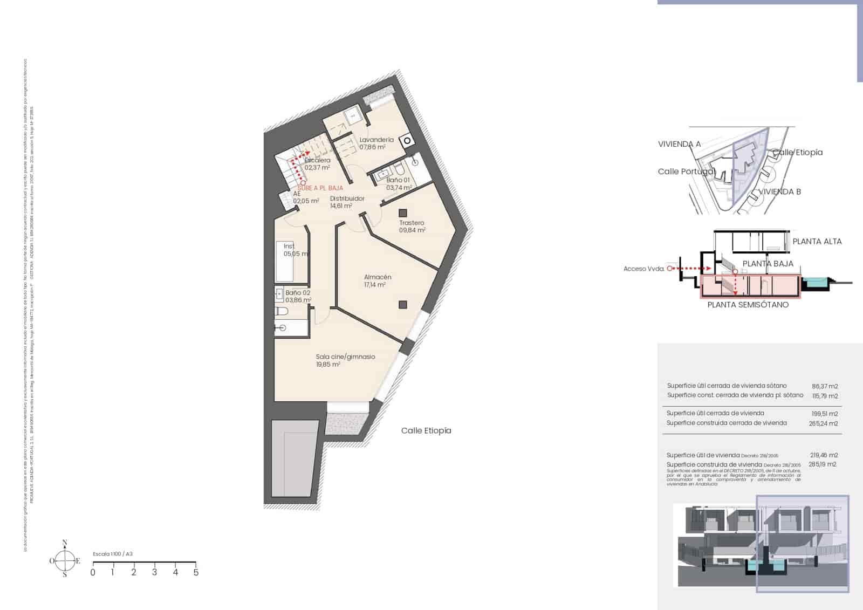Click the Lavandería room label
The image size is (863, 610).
(376, 140)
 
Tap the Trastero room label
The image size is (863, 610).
(412, 223)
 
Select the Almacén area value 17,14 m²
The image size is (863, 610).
(375, 285)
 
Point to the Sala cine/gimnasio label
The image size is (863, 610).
(345, 357)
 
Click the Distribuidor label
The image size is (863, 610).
(347, 198)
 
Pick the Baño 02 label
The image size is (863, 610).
(298, 293)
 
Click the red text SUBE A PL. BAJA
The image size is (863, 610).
(320, 188)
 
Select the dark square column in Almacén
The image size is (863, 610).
(403, 305)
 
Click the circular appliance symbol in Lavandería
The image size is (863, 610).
(408, 141)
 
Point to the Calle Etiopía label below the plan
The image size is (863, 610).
(426, 430)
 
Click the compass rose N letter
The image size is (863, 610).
(65, 543)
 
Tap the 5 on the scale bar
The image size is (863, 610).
(196, 572)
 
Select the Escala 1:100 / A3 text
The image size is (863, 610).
(113, 554)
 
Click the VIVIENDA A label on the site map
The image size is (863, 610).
(679, 144)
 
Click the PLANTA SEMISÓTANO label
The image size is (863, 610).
(748, 305)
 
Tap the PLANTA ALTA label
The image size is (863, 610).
(817, 242)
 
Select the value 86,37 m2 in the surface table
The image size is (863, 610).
(825, 386)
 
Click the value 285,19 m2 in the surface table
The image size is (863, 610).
(822, 464)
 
